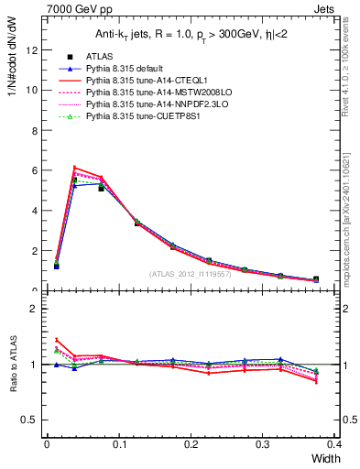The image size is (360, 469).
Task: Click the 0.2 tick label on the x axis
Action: (191, 444)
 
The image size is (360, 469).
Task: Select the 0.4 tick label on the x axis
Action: (335, 444)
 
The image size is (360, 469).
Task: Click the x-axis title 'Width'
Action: (325, 458)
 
